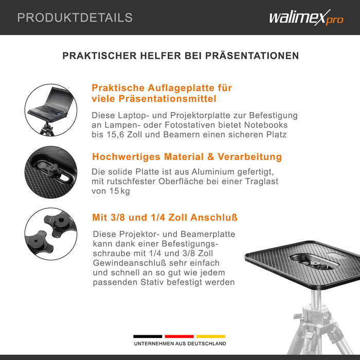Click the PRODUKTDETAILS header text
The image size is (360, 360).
point(75,17)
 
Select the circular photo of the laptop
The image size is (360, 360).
point(50,110)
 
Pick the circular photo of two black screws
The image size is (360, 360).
point(50,233)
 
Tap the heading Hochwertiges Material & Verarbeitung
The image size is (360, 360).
point(187,157)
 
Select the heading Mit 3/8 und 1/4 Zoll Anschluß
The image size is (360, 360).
point(165,218)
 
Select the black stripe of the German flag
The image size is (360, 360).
point(148,336)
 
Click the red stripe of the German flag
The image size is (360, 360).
point(179,336)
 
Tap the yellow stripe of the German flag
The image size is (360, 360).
point(211,336)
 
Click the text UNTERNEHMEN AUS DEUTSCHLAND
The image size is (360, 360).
point(179,344)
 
